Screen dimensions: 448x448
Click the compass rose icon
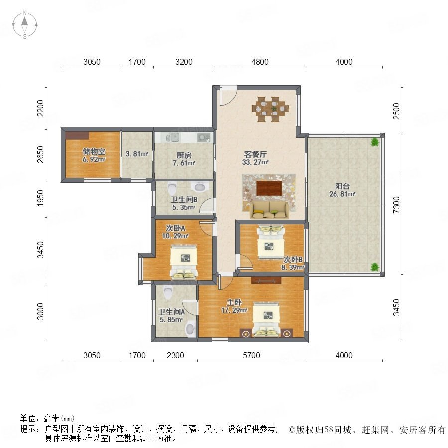[x=25, y=25]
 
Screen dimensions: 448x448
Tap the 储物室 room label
[x=94, y=152]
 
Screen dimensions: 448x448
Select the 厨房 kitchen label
[x=184, y=155]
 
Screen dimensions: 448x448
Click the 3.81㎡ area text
[x=137, y=154]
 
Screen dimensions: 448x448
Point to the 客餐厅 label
[x=255, y=155]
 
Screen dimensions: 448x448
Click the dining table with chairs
[x=270, y=109]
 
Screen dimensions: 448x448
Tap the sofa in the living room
[x=269, y=210]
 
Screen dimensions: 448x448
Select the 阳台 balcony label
[x=342, y=186]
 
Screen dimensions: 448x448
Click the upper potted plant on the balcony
[x=374, y=142]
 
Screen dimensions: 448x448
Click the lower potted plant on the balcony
[x=374, y=267]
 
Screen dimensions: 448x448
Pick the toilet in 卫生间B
[x=172, y=189]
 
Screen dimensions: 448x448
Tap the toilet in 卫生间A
[x=168, y=293]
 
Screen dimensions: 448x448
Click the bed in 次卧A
[x=184, y=261]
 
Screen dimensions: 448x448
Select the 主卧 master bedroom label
[x=234, y=302]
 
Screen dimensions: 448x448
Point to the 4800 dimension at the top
[x=260, y=62]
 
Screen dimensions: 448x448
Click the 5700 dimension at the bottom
[x=251, y=355]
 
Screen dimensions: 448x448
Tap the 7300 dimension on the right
[x=396, y=205]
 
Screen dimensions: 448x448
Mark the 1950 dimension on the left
[x=41, y=198]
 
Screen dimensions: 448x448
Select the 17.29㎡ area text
[x=234, y=310]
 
